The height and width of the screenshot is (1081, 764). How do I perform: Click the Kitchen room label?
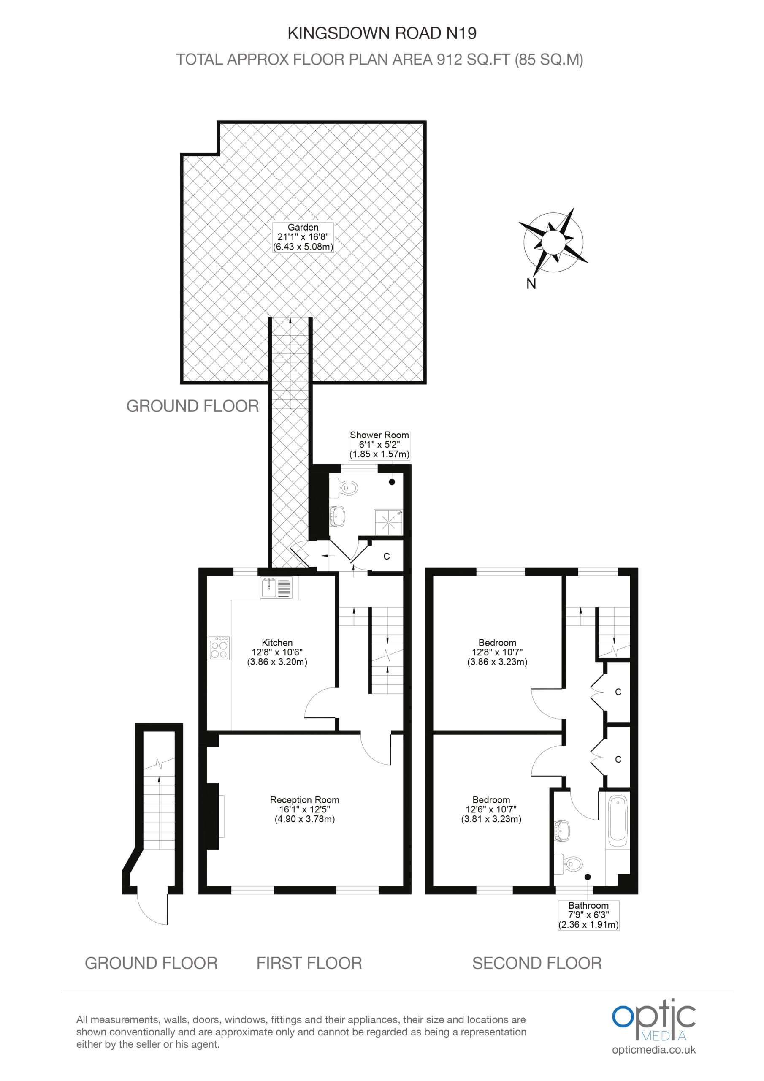277,652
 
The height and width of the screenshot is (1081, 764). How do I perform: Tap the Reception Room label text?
305,809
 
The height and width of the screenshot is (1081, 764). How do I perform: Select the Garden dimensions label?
303,237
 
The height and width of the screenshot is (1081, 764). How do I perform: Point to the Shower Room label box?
379,445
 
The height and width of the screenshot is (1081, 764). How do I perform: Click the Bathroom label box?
588,915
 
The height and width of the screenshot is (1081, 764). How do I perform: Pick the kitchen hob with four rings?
219,648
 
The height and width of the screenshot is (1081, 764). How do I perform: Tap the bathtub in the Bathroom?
618,821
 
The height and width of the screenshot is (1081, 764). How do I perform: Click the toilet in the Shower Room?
345,488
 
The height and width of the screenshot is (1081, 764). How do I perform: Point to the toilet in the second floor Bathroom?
569,864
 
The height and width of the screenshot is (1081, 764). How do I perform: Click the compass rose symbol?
553,242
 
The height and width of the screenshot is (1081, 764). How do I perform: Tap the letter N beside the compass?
531,284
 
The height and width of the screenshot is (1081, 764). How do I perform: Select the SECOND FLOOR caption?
537,963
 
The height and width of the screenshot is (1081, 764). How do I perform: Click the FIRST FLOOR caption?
309,963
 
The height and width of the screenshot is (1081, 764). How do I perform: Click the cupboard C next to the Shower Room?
387,556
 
